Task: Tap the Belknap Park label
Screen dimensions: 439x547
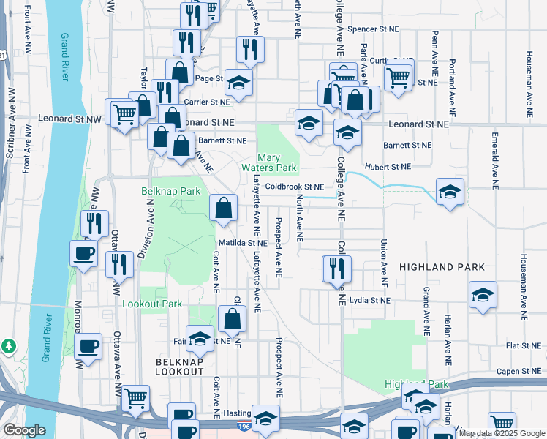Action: [170, 191]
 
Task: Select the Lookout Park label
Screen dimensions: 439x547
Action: [152, 303]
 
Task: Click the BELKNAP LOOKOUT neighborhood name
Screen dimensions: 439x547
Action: [179, 367]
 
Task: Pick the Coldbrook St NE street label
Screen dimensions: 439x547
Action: [294, 187]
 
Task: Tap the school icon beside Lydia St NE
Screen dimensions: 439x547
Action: [483, 295]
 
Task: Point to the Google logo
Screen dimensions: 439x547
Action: [24, 430]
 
